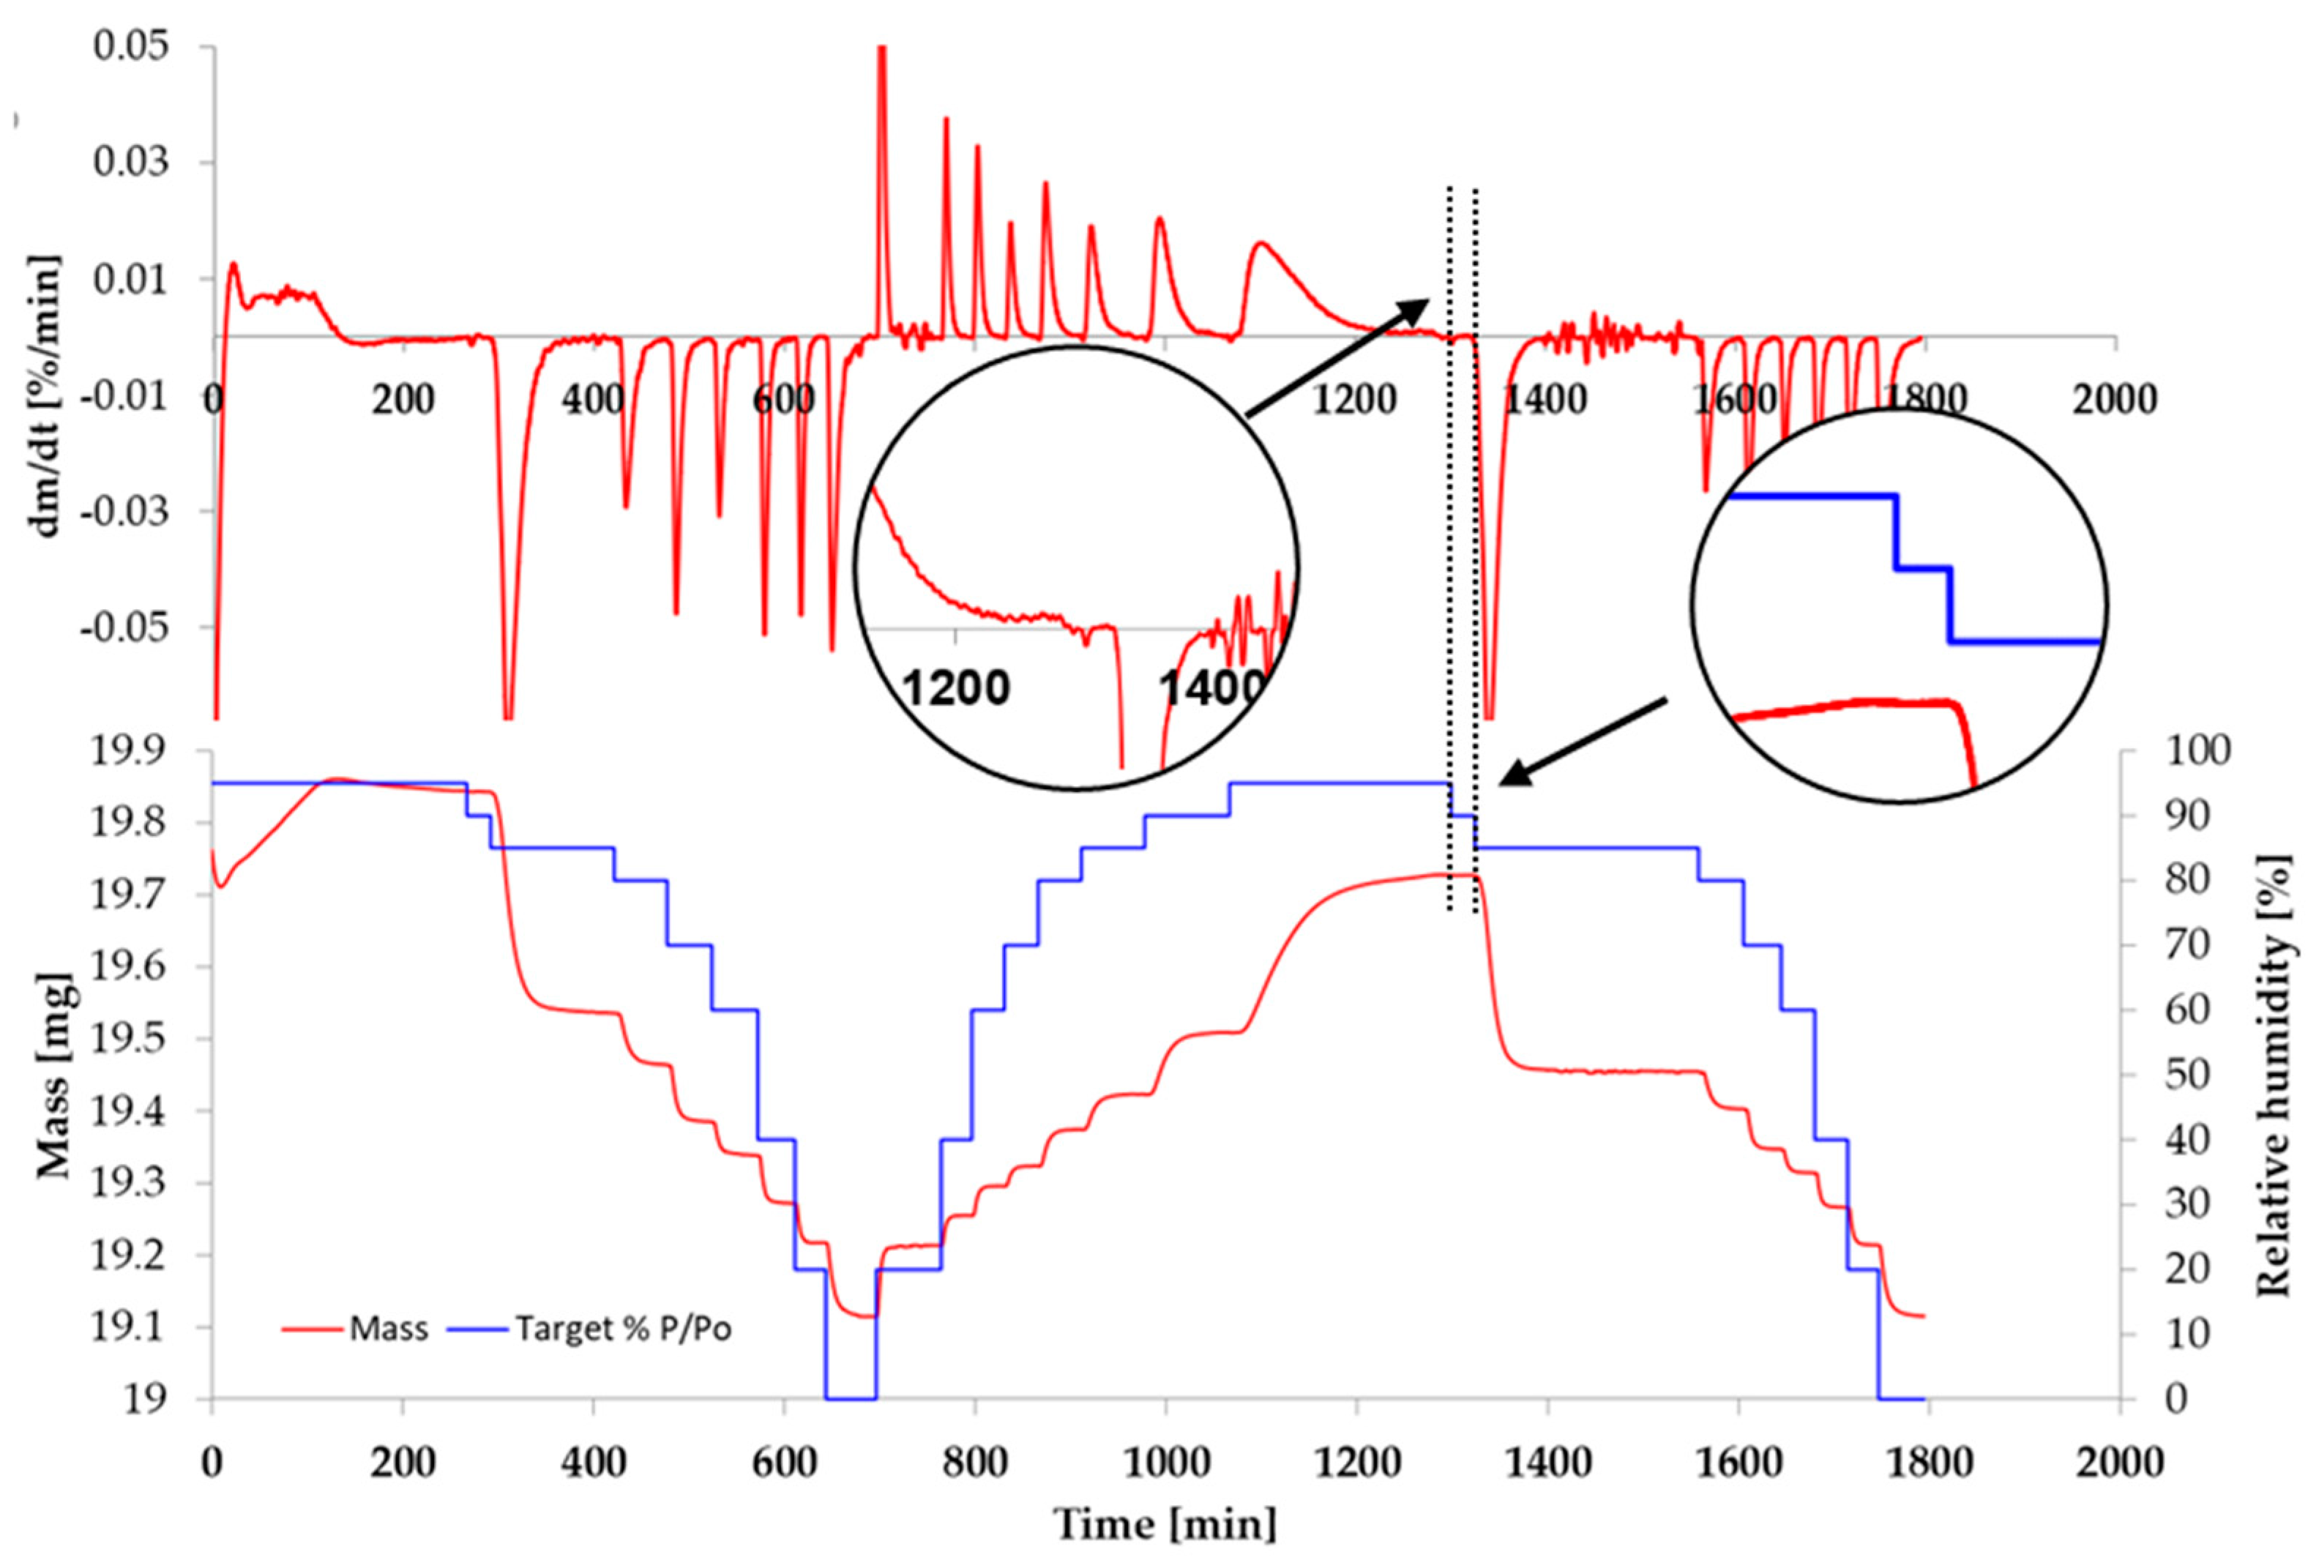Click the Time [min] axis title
(1164, 1524)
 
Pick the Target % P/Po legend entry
(623, 1329)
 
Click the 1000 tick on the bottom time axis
(1164, 1463)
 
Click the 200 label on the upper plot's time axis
(403, 400)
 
